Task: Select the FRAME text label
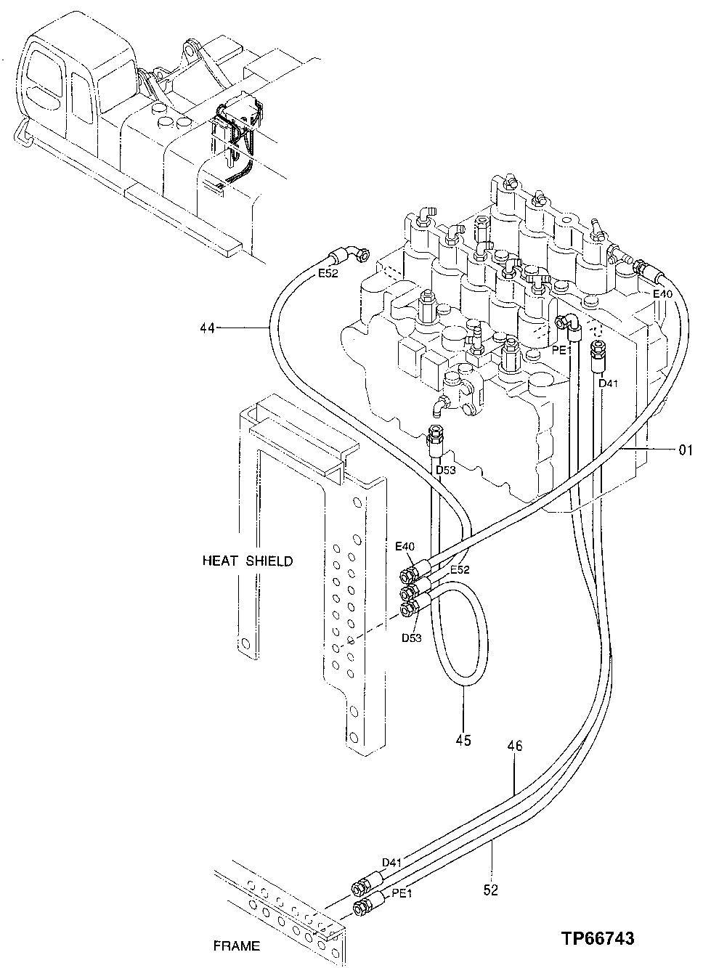click(x=236, y=946)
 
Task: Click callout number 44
click(x=208, y=328)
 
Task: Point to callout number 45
click(x=463, y=740)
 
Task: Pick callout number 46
click(x=515, y=746)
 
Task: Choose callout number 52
click(x=491, y=890)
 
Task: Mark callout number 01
click(x=686, y=450)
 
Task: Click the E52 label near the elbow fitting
click(x=329, y=274)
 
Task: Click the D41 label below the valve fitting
click(x=608, y=383)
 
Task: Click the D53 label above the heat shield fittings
click(x=445, y=471)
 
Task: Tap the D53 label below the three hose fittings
click(x=411, y=638)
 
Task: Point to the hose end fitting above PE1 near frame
click(x=359, y=889)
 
